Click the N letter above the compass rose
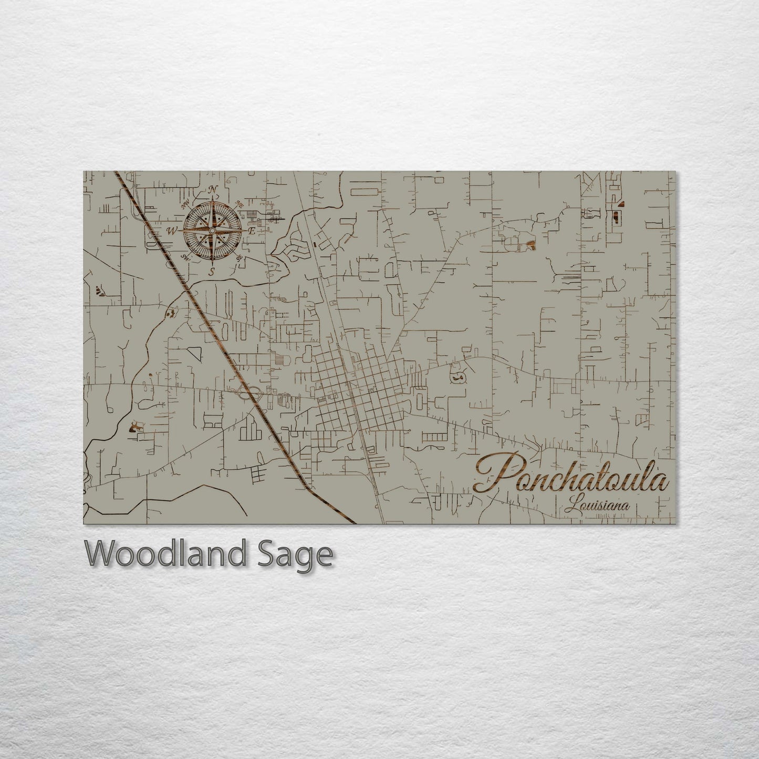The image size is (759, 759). (x=213, y=190)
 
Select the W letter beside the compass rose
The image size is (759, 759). (x=172, y=231)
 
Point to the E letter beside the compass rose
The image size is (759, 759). (x=252, y=231)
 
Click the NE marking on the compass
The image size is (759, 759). (x=239, y=204)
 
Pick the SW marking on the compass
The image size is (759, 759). (x=185, y=256)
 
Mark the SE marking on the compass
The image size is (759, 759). (x=240, y=257)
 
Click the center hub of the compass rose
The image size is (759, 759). (x=213, y=231)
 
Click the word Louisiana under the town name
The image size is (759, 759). (x=597, y=507)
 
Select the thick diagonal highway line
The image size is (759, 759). (x=221, y=341)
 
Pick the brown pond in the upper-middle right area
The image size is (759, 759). (x=531, y=244)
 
